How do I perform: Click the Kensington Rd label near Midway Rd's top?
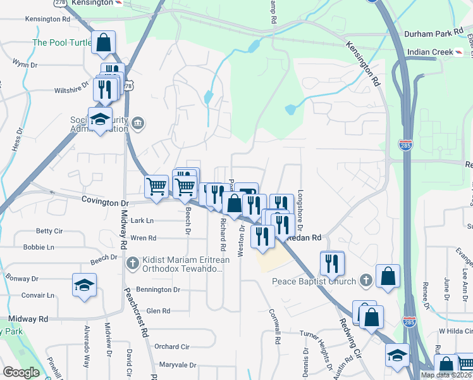pyautogui.click(x=47, y=19)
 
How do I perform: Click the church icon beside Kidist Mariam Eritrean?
pyautogui.click(x=132, y=262)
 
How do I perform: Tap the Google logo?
pyautogui.click(x=21, y=372)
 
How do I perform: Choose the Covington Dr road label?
pyautogui.click(x=105, y=203)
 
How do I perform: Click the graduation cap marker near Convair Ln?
pyautogui.click(x=84, y=285)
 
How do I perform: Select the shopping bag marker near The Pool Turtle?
pyautogui.click(x=104, y=43)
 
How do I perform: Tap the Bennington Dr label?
pyautogui.click(x=158, y=289)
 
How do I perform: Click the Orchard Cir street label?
pyautogui.click(x=172, y=346)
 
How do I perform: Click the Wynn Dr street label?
pyautogui.click(x=25, y=63)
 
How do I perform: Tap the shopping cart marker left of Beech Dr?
pyautogui.click(x=156, y=186)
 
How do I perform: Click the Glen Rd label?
pyautogui.click(x=158, y=311)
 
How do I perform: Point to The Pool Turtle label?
pyautogui.click(x=61, y=43)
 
